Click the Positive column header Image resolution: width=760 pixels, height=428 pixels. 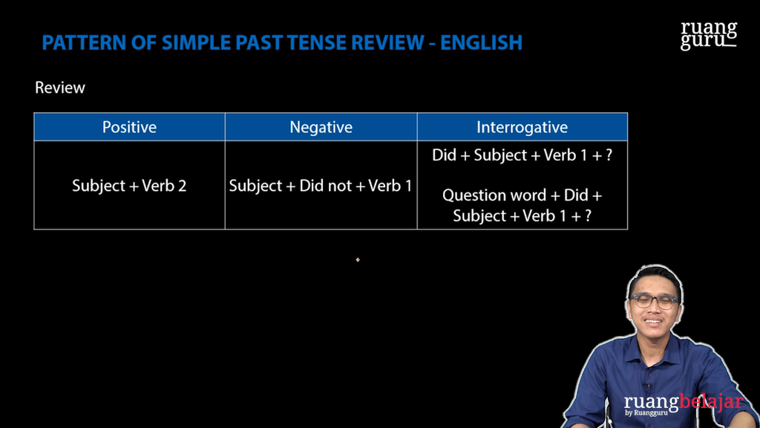tap(129, 127)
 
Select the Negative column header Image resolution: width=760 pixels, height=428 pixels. tap(321, 127)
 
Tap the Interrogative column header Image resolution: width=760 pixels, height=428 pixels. tap(522, 127)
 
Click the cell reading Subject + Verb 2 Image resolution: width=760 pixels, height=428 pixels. tap(129, 186)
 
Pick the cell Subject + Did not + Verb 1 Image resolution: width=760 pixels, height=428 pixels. tap(321, 186)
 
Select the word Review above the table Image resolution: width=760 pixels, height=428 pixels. tap(60, 88)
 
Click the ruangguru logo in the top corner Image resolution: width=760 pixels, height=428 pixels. tap(709, 35)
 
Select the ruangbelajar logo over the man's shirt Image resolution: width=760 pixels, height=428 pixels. tap(683, 403)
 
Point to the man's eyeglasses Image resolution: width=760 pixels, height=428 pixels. tap(654, 302)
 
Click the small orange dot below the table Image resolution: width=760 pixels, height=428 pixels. tap(358, 260)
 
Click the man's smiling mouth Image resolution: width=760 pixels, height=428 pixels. tap(654, 322)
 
